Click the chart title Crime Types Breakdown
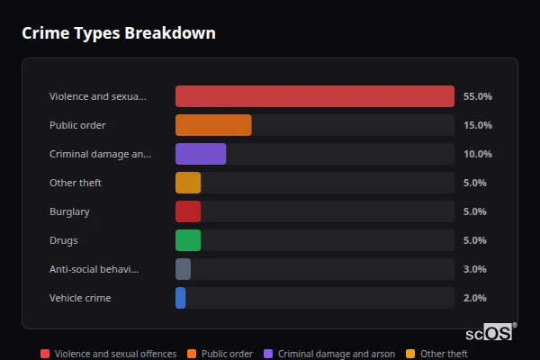[x=118, y=33]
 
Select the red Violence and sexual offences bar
[x=315, y=96]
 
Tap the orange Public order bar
[x=213, y=125]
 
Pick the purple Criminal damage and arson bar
[x=201, y=154]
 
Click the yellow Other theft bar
[x=188, y=183]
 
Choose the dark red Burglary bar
[x=188, y=211]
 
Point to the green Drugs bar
[x=188, y=240]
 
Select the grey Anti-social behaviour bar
[x=184, y=269]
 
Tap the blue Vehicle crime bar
[x=181, y=298]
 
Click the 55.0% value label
[x=477, y=96]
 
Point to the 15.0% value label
[x=477, y=125]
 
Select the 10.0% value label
[x=477, y=154]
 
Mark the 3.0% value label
[x=474, y=269]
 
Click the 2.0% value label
[x=474, y=298]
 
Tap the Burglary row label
[x=69, y=211]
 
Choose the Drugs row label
[x=63, y=240]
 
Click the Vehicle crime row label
[x=80, y=298]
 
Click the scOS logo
[x=497, y=332]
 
